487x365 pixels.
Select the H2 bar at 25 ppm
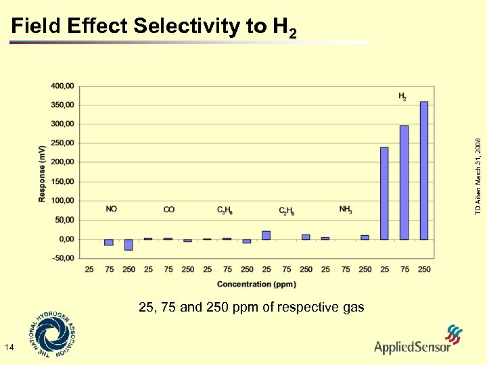click(384, 193)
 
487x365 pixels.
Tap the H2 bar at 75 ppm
click(404, 182)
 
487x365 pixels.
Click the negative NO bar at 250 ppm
click(129, 245)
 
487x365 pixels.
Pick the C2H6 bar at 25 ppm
click(266, 235)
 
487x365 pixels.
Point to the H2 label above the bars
click(402, 97)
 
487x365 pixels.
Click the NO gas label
click(112, 210)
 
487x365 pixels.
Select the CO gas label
click(169, 210)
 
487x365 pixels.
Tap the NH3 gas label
click(346, 210)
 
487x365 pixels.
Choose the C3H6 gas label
click(225, 210)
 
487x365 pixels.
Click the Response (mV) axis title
click(42, 172)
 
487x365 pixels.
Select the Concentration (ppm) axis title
click(256, 284)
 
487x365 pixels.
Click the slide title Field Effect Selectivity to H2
click(154, 27)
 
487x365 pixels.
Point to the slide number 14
click(9, 347)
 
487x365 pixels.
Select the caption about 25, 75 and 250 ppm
click(251, 308)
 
